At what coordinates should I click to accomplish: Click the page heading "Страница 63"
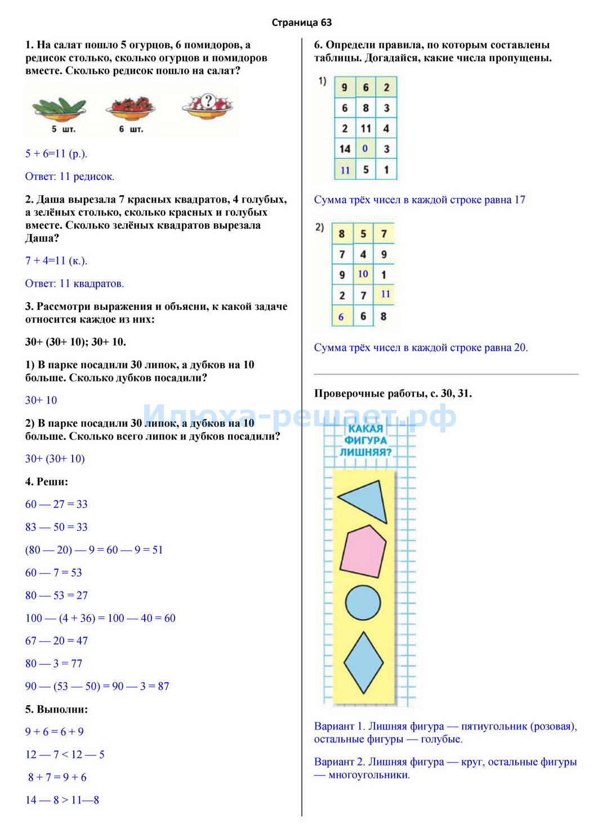tap(302, 22)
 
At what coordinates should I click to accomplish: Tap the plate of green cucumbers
tap(59, 107)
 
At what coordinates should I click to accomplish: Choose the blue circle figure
tap(363, 602)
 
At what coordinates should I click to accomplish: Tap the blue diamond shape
tap(363, 663)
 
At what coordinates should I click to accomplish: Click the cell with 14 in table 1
tap(345, 149)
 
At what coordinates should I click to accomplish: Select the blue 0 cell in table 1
tap(365, 149)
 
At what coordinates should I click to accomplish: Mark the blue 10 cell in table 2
tap(363, 274)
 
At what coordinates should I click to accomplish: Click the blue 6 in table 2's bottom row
tap(341, 317)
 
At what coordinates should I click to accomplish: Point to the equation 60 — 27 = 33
tap(56, 504)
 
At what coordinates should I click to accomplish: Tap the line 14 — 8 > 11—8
tap(62, 800)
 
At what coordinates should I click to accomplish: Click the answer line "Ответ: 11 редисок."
tap(70, 177)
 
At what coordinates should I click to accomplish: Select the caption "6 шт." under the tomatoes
tap(131, 129)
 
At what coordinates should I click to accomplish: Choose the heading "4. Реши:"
tap(47, 481)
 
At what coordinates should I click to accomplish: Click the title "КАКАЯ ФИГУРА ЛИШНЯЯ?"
tap(365, 440)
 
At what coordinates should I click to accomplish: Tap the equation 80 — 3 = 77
tap(53, 663)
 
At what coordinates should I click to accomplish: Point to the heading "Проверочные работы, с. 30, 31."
tap(393, 394)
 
